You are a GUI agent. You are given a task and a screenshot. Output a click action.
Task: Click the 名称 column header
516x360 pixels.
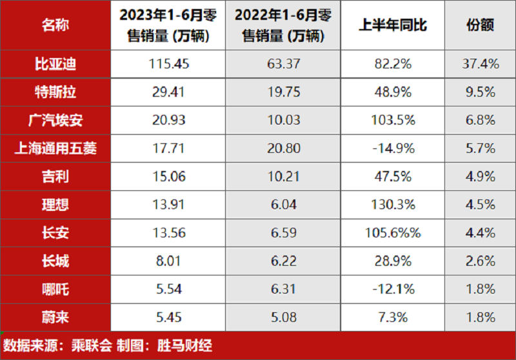point(55,26)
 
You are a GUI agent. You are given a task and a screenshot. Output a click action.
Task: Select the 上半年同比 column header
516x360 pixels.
point(393,26)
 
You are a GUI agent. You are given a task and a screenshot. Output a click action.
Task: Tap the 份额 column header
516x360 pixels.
point(480,26)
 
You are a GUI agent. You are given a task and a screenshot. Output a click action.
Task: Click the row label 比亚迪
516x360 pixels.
point(55,64)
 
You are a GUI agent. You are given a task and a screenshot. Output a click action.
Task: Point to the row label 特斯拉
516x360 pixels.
point(55,92)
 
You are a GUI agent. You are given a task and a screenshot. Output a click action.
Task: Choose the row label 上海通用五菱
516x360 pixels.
point(55,149)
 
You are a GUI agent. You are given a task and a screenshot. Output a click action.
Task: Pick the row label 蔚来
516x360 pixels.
point(55,317)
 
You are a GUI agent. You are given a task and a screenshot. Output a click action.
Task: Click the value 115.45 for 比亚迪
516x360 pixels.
point(166,64)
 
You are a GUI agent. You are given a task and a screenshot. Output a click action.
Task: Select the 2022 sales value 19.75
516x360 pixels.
point(284,92)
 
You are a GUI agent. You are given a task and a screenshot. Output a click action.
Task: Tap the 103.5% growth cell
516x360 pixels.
point(393,121)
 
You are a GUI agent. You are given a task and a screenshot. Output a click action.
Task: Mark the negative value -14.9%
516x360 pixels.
point(393,149)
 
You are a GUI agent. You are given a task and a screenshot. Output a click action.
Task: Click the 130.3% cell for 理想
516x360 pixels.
point(393,205)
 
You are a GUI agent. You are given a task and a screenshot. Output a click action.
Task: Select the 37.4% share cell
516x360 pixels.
point(480,64)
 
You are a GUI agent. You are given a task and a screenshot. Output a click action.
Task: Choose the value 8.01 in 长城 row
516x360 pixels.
point(166,261)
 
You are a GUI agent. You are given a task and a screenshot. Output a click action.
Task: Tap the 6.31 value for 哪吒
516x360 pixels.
point(284,289)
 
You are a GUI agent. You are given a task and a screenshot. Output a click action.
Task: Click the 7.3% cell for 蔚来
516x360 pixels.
point(393,317)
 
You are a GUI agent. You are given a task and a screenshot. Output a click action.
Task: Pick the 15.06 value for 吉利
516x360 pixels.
point(166,177)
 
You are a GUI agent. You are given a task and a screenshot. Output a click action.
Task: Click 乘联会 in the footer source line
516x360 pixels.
point(94,345)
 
